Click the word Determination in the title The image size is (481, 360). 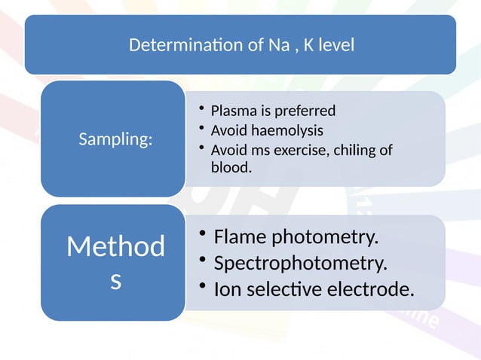click(185, 45)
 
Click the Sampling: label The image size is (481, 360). click(115, 139)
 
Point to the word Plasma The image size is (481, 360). click(231, 111)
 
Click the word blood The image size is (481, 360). click(231, 167)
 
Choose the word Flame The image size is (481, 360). click(240, 237)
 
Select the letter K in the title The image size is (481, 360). click(308, 45)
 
